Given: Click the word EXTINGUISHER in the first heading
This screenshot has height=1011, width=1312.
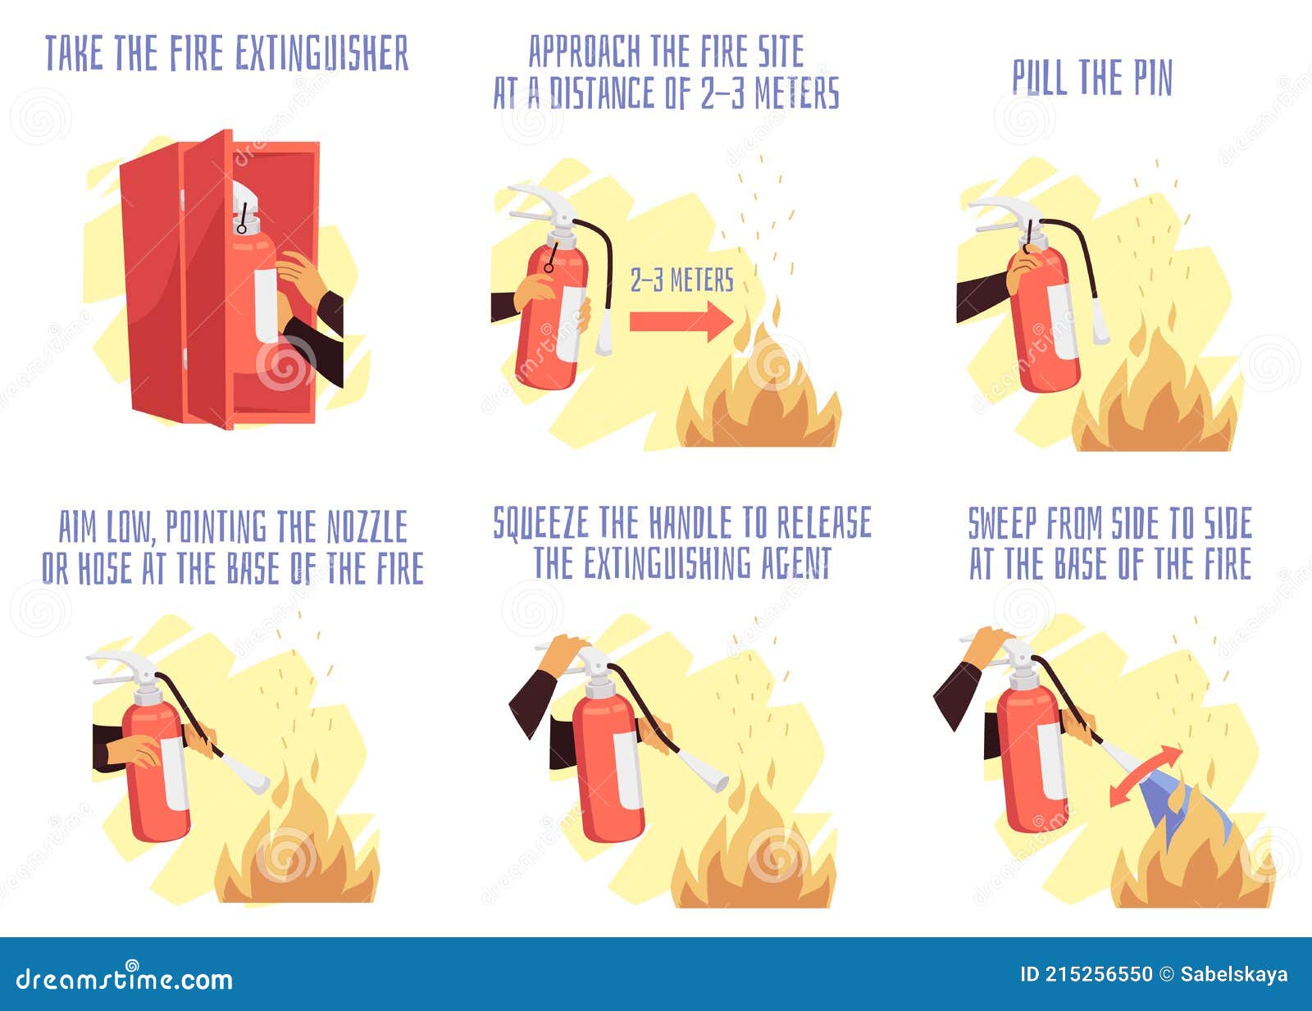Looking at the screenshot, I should point(321,54).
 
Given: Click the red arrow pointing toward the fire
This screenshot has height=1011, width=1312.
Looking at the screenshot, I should point(680,321).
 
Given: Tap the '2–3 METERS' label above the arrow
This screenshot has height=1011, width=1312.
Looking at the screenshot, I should point(681,280).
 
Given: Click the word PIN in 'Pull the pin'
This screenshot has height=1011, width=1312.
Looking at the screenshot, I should point(1153,79).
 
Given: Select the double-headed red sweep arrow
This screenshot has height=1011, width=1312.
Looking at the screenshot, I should point(1146,776).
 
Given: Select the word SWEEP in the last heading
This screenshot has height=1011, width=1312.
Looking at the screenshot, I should point(1002,524).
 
